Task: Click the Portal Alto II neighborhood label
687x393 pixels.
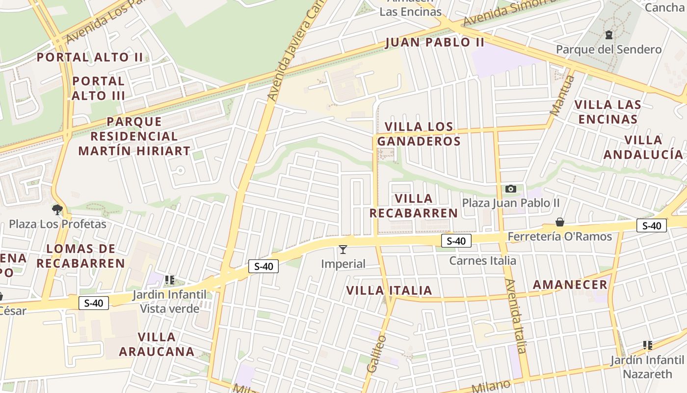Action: point(90,57)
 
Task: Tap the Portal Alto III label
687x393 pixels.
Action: point(99,88)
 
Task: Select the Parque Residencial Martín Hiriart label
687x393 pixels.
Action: point(134,136)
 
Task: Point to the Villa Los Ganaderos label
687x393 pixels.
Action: point(419,134)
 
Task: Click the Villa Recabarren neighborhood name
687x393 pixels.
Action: point(414,206)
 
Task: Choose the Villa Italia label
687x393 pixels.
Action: point(389,290)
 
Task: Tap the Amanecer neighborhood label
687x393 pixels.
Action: point(570,285)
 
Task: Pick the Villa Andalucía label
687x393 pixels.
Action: point(643,147)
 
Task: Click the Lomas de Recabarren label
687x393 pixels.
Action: point(81,256)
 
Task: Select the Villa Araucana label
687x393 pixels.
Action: point(157,344)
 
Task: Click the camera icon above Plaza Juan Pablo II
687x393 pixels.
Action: point(511,189)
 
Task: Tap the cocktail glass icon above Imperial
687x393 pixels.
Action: point(343,250)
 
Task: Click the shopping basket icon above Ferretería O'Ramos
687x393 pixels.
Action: point(560,222)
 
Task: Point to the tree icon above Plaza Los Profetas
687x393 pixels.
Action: point(57,210)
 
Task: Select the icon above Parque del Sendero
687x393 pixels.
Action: point(609,35)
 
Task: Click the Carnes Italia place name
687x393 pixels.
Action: point(482,260)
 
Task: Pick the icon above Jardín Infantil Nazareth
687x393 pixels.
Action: point(648,345)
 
